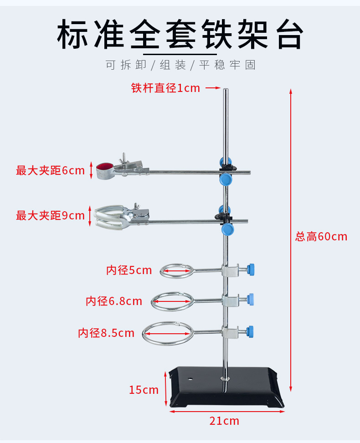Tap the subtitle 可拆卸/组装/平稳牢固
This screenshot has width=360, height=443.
point(180,65)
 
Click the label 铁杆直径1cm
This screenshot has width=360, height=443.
point(165,88)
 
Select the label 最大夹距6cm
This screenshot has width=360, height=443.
point(50,171)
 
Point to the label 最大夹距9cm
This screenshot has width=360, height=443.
point(50,215)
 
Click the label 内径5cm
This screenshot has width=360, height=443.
point(129,270)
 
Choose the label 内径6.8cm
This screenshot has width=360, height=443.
point(114,301)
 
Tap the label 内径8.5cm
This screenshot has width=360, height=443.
point(106,333)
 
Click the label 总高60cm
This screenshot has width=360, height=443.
point(321,237)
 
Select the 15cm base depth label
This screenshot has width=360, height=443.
point(144,390)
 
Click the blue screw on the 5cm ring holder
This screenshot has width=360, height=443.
point(251,269)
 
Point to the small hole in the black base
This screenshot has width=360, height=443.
point(190,378)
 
